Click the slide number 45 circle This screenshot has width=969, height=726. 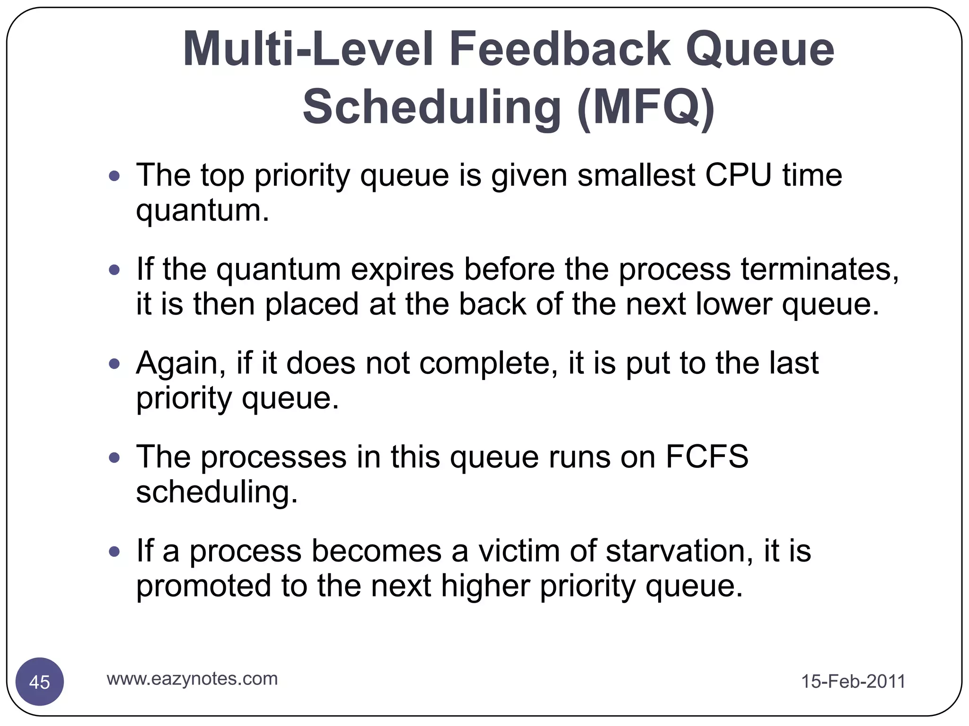click(x=40, y=682)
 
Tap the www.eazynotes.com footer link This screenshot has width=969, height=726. click(x=192, y=679)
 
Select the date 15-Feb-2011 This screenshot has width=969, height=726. click(x=853, y=682)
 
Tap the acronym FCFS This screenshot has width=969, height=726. click(x=707, y=457)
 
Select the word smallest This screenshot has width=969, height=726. click(x=636, y=175)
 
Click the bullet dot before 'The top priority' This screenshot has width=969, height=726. click(x=115, y=177)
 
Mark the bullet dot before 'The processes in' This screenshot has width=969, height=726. click(x=115, y=458)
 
